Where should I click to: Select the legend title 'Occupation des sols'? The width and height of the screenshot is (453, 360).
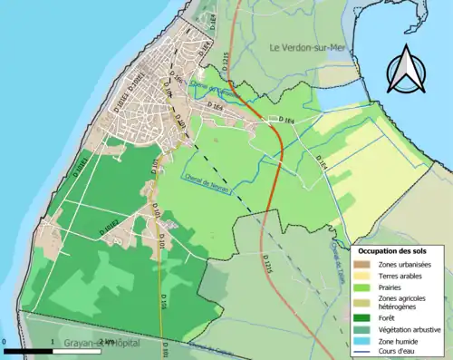click(397, 249)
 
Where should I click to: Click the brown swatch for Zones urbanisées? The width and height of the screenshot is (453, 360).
click(365, 264)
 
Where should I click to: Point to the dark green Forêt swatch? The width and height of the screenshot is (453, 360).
click(365, 317)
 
